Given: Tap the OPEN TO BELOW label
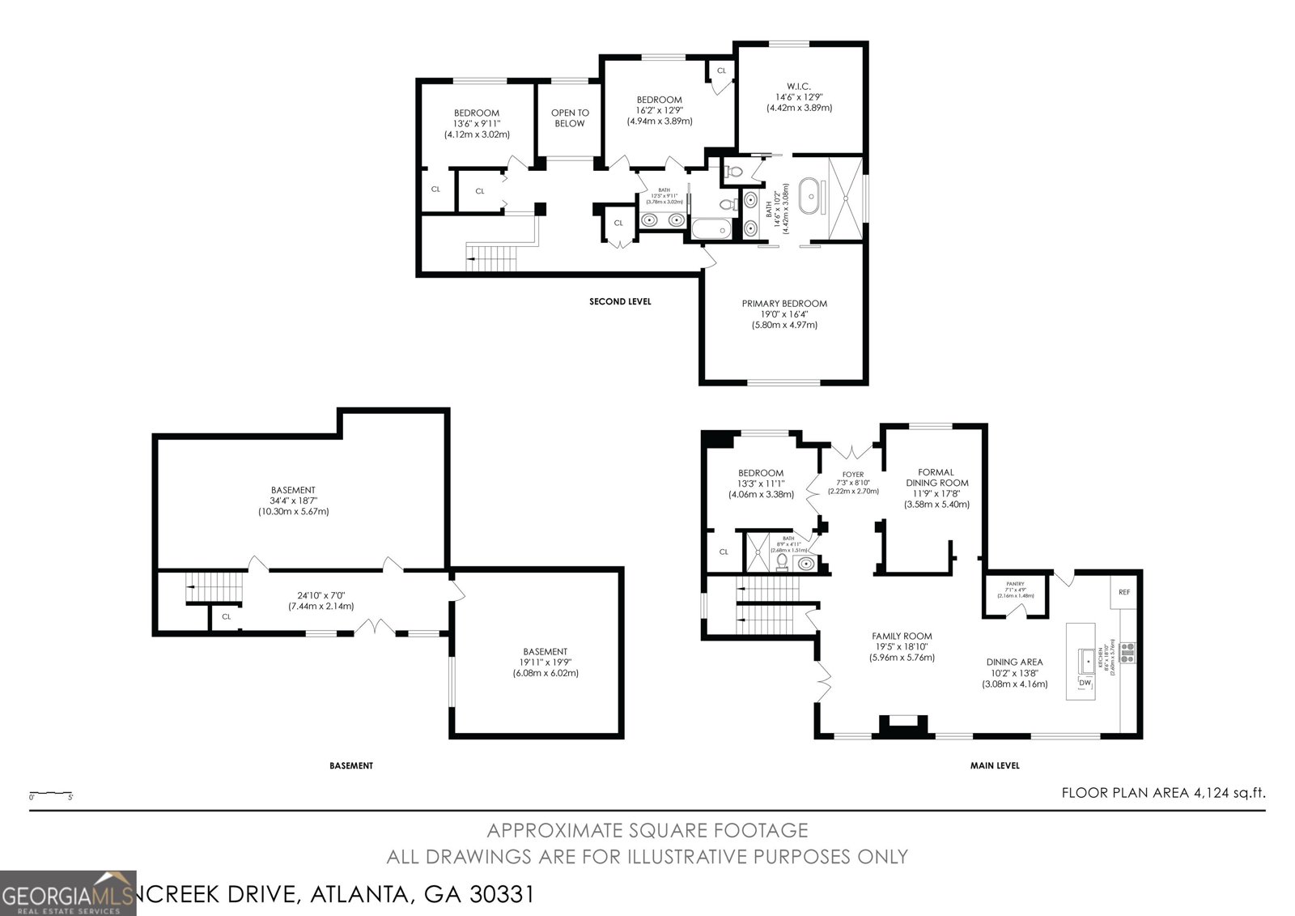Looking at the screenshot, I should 570,118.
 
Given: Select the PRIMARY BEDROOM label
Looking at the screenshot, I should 784,304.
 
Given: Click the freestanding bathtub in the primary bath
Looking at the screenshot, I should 809,198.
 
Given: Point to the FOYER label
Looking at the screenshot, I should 852,475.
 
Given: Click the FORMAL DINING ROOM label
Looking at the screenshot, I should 936,477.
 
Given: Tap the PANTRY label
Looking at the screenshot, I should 1015,584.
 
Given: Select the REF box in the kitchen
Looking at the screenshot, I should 1124,592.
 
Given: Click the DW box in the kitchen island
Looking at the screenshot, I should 1085,684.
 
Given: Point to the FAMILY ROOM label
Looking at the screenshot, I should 902,636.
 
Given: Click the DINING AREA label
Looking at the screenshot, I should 1014,662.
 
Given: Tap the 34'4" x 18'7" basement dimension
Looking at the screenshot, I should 293,501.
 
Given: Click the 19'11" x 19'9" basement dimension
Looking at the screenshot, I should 545,662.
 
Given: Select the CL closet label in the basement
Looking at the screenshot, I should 227,616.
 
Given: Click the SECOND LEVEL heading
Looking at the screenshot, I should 620,301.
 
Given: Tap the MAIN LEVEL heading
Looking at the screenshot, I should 995,765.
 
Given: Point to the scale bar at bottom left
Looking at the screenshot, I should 51,794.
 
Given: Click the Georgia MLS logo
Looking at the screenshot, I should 69,893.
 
